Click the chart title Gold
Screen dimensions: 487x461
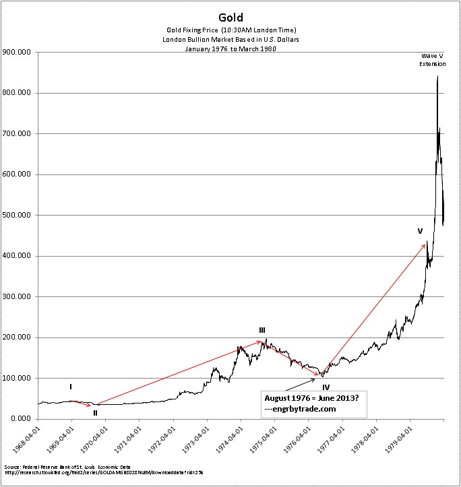(x=230, y=16)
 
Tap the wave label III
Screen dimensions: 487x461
(x=262, y=330)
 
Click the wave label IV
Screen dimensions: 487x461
(x=326, y=387)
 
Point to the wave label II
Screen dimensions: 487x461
(x=96, y=412)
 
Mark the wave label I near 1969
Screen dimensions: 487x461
(x=71, y=387)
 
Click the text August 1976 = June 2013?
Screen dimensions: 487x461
(x=311, y=397)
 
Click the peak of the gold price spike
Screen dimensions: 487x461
(x=437, y=76)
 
